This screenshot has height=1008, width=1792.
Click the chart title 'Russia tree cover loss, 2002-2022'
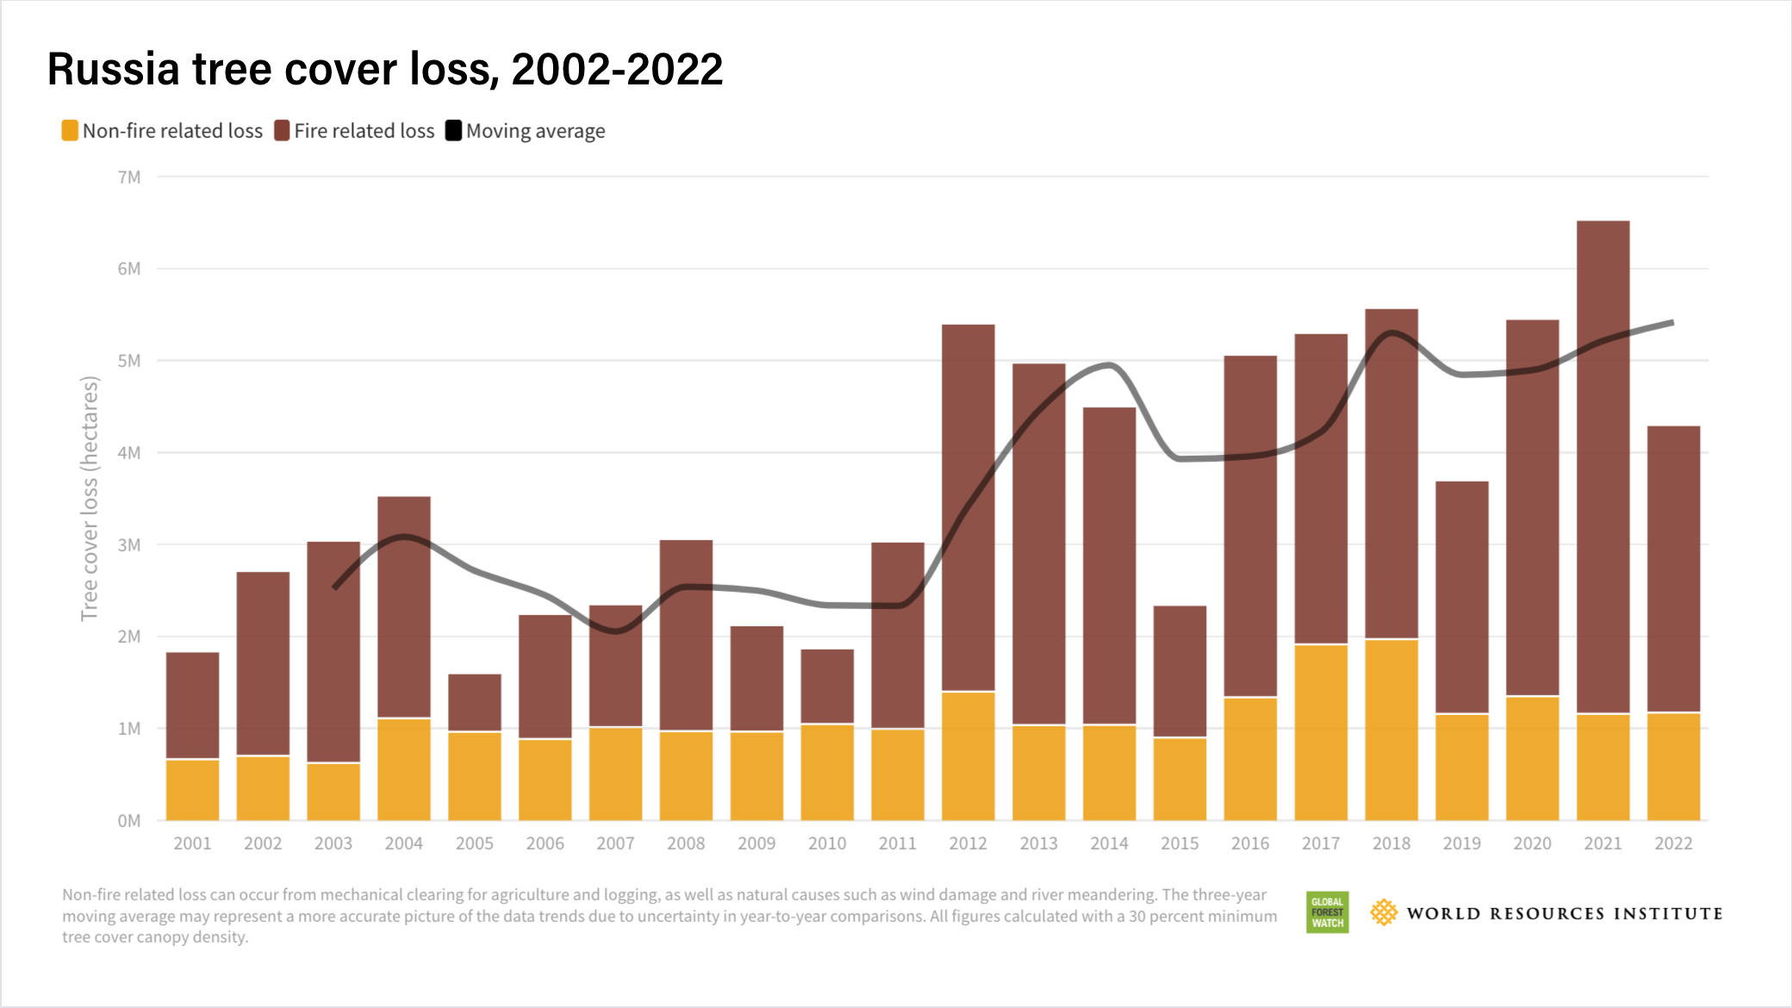pyautogui.click(x=384, y=69)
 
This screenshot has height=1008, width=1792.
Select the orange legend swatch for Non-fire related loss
pyautogui.click(x=70, y=131)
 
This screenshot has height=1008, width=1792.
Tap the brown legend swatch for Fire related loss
pyautogui.click(x=282, y=131)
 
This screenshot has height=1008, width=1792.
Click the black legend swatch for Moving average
pyautogui.click(x=453, y=131)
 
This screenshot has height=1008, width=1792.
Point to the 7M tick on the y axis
pyautogui.click(x=129, y=177)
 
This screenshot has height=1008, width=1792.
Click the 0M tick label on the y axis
pyautogui.click(x=129, y=821)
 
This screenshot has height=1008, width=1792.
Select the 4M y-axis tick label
pyautogui.click(x=129, y=453)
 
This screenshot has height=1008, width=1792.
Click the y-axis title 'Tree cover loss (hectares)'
pyautogui.click(x=90, y=498)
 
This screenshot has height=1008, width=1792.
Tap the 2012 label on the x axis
pyautogui.click(x=968, y=843)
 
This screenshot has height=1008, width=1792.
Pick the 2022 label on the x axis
pyautogui.click(x=1673, y=843)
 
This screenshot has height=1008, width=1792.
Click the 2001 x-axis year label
pyautogui.click(x=192, y=843)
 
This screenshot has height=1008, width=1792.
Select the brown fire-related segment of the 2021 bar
pyautogui.click(x=1602, y=465)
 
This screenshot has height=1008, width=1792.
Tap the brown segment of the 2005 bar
pyautogui.click(x=475, y=702)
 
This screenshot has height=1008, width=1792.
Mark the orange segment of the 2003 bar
pyautogui.click(x=333, y=791)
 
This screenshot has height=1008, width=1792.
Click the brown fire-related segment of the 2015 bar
pyautogui.click(x=1179, y=672)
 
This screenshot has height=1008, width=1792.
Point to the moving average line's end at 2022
pyautogui.click(x=1671, y=323)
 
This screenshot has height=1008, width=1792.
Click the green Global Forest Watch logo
pyautogui.click(x=1327, y=912)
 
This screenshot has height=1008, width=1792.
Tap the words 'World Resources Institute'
pyautogui.click(x=1564, y=913)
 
